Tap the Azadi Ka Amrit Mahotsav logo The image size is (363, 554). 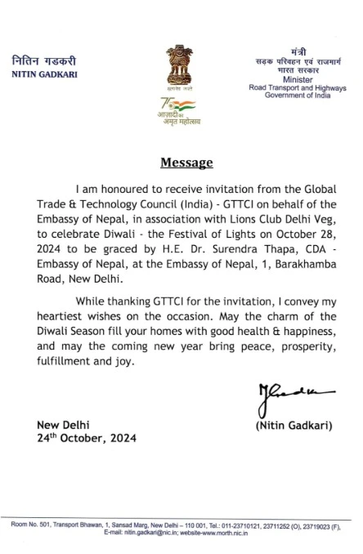tap(179, 111)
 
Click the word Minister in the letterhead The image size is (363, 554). tap(298, 81)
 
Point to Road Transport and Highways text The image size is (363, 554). tap(298, 88)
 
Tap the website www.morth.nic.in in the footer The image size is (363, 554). tap(232, 532)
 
